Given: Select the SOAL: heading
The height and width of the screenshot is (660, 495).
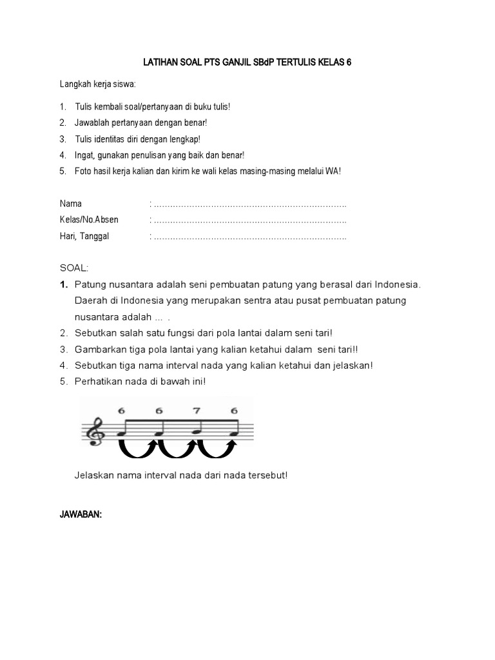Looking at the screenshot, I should (x=73, y=267).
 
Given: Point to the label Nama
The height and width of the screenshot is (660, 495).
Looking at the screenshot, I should (x=71, y=204).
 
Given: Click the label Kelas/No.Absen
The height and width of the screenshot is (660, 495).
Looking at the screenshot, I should (x=89, y=220).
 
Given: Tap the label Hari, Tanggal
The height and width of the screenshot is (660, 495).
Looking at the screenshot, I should (x=84, y=236).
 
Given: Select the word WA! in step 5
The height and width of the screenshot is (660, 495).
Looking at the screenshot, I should (x=332, y=171).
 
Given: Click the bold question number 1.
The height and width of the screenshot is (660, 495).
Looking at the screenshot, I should (x=63, y=284).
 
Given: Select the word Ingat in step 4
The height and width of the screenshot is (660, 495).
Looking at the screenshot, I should (x=86, y=155).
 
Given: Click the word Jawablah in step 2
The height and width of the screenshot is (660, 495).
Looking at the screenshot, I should (x=93, y=122).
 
